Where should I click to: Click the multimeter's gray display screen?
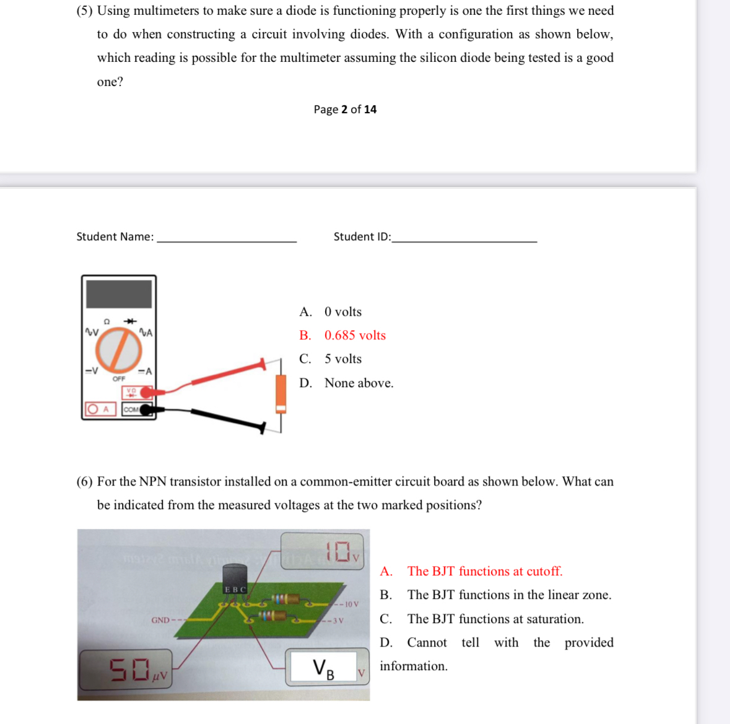[118, 294]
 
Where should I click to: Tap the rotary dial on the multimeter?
[119, 349]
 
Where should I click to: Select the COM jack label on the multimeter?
[131, 409]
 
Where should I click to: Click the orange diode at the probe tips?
[280, 394]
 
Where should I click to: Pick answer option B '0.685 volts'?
[355, 335]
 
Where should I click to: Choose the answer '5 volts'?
[343, 359]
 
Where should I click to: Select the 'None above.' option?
[358, 383]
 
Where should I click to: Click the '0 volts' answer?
[343, 312]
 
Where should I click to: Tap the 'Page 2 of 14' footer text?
[345, 109]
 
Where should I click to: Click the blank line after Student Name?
[227, 240]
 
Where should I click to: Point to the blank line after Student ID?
[464, 240]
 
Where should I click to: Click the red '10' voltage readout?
[338, 550]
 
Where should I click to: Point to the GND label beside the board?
[160, 620]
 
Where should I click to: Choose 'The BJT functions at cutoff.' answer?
[484, 571]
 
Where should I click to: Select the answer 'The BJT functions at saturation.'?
[495, 619]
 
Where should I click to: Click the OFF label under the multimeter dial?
[119, 378]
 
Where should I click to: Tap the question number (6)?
[85, 481]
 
